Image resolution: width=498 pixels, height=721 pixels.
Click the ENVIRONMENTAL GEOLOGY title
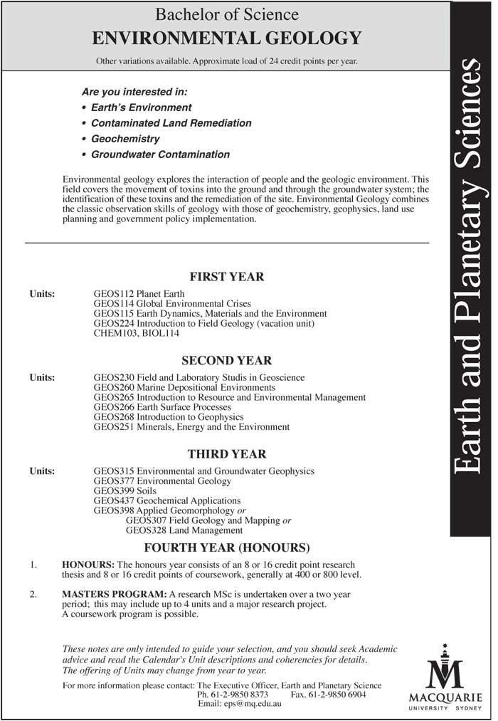click(x=227, y=38)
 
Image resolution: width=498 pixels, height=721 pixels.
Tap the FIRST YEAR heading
click(x=226, y=277)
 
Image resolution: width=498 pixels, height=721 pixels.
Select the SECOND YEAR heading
click(x=226, y=361)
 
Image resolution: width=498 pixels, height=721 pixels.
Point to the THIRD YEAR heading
click(x=226, y=454)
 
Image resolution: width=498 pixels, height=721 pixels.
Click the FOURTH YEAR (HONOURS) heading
click(x=227, y=547)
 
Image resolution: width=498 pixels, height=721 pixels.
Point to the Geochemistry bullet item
click(x=125, y=139)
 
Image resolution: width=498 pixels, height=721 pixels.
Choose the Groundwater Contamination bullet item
click(x=160, y=154)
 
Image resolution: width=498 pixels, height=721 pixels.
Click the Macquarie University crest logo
click(x=445, y=666)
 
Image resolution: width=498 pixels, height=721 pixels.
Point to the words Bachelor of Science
click(x=227, y=14)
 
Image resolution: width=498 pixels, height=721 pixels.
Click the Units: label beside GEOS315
click(x=42, y=471)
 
